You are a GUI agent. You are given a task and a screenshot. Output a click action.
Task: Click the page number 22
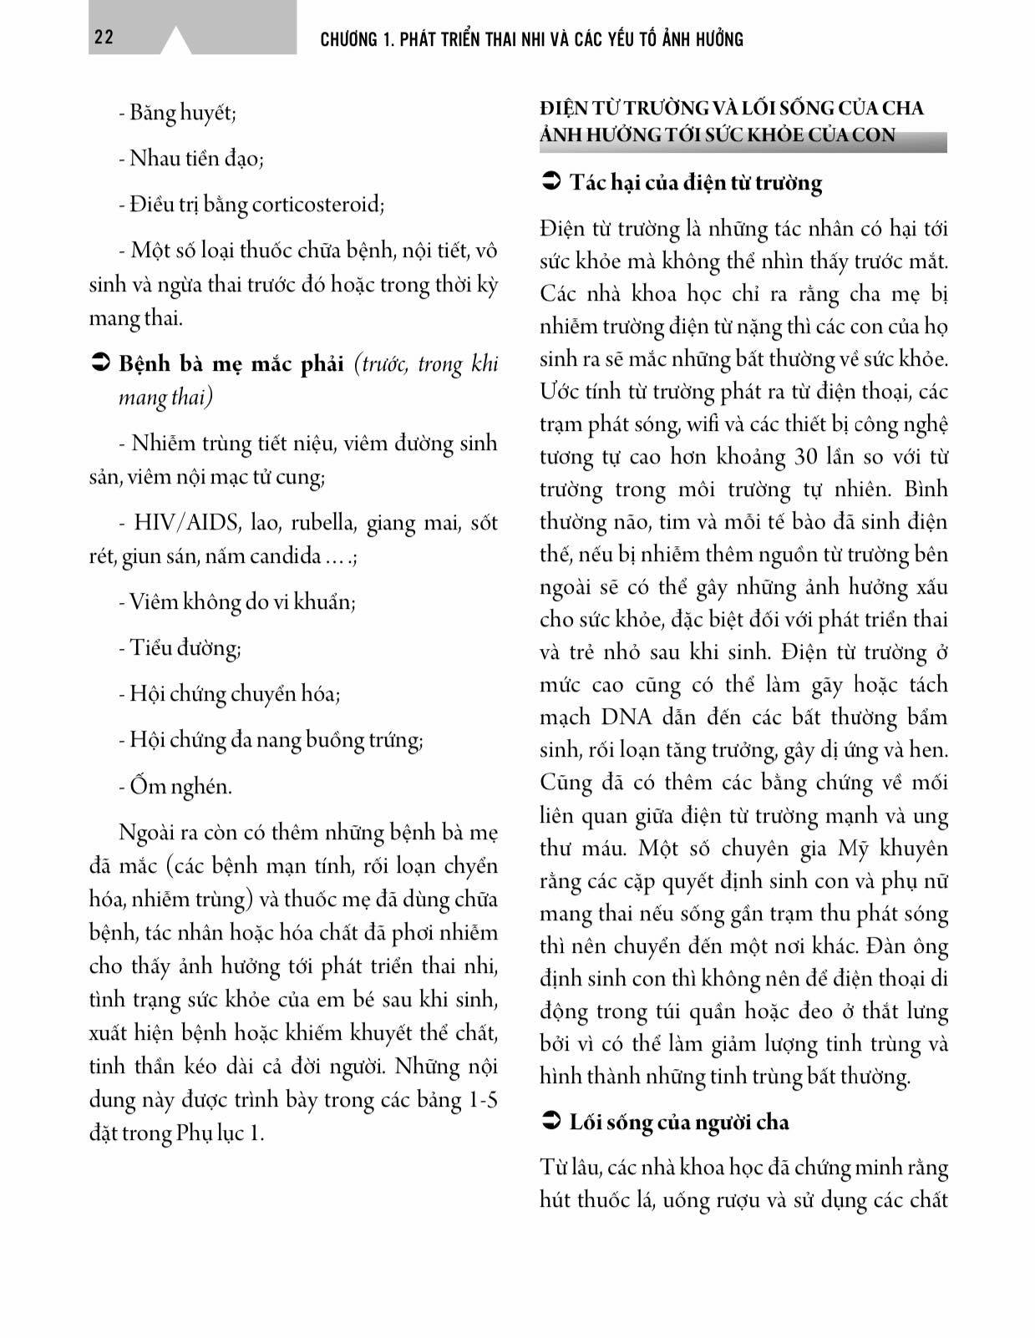click(104, 38)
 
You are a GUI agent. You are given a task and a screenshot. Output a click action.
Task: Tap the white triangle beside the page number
click(176, 42)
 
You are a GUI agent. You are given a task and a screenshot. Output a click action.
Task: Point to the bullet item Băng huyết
click(177, 113)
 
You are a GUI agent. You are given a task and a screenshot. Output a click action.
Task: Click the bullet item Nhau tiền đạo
click(191, 158)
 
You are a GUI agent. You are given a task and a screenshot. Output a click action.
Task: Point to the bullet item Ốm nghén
click(175, 786)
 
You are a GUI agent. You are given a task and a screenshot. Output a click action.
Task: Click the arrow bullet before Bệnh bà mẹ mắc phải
click(99, 364)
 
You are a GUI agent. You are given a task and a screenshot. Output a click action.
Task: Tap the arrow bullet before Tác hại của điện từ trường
click(550, 182)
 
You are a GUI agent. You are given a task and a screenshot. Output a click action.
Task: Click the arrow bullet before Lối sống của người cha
click(550, 1122)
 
